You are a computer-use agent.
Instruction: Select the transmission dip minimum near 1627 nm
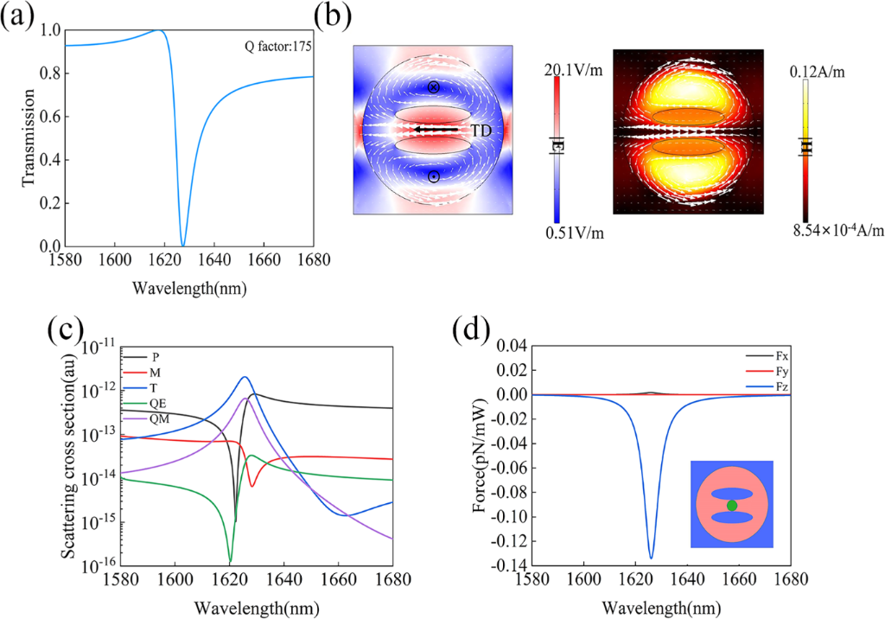182,245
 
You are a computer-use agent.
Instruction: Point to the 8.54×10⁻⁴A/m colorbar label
833,229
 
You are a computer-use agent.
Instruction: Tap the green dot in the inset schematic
732,505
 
